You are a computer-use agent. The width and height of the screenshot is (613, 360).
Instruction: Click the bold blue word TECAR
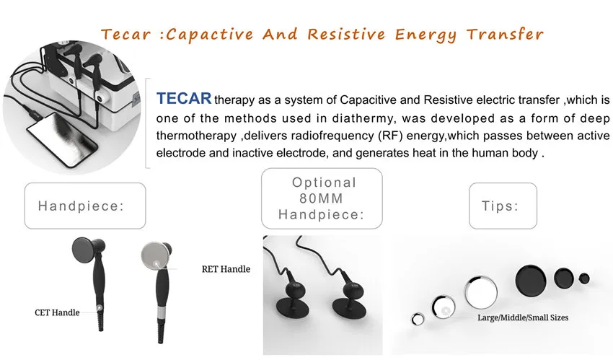click(184, 99)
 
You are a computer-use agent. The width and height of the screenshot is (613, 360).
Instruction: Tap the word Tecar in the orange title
click(125, 35)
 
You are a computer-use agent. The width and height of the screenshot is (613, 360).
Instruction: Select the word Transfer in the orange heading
click(505, 35)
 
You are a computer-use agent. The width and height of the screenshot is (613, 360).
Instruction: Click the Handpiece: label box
click(85, 206)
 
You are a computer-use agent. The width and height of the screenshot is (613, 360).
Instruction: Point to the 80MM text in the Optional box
click(322, 198)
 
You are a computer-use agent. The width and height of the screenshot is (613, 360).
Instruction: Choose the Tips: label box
click(503, 206)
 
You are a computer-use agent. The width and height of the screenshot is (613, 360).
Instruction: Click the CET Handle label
click(57, 312)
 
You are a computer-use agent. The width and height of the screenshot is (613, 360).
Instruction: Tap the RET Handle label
click(226, 269)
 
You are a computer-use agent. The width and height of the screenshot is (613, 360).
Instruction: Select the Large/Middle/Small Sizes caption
click(523, 317)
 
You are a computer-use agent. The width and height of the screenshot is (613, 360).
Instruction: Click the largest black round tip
click(531, 280)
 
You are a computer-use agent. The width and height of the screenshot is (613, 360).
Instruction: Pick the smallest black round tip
click(584, 278)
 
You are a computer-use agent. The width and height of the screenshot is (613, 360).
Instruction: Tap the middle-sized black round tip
click(564, 278)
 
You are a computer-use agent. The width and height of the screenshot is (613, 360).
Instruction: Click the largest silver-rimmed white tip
click(481, 292)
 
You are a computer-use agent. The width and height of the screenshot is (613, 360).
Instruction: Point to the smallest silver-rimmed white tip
click(418, 319)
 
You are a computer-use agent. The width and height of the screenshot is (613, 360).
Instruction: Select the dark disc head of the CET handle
click(87, 250)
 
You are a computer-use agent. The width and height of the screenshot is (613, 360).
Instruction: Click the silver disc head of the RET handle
click(155, 255)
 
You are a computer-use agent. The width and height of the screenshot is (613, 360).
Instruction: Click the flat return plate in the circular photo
click(62, 139)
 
